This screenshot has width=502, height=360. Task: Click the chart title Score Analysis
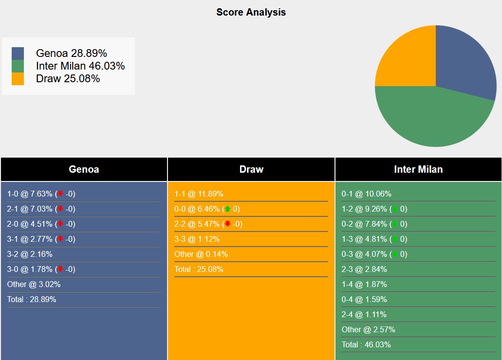click(x=251, y=12)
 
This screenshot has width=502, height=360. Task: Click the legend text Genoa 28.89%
click(x=71, y=54)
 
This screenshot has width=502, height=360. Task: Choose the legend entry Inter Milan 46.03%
click(x=80, y=66)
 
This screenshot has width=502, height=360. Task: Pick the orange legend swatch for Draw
click(x=18, y=79)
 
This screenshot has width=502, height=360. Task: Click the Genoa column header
click(x=84, y=169)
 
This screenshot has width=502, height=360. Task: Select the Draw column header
click(x=251, y=169)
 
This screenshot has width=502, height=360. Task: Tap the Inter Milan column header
click(x=418, y=169)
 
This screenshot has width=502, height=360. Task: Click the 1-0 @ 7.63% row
click(x=41, y=194)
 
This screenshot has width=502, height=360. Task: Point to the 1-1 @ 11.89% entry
click(x=199, y=194)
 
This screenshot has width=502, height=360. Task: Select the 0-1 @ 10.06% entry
click(x=366, y=194)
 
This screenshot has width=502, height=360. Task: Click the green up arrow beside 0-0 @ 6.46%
click(x=227, y=209)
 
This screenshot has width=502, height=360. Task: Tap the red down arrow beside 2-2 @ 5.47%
click(x=227, y=224)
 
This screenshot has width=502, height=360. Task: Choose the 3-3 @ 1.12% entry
click(x=197, y=239)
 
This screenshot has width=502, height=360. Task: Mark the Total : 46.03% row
click(x=366, y=344)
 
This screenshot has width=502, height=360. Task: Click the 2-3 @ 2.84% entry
click(x=364, y=269)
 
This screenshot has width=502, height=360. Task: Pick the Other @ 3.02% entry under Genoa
click(x=34, y=284)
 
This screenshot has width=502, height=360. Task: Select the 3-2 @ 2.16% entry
click(x=30, y=254)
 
